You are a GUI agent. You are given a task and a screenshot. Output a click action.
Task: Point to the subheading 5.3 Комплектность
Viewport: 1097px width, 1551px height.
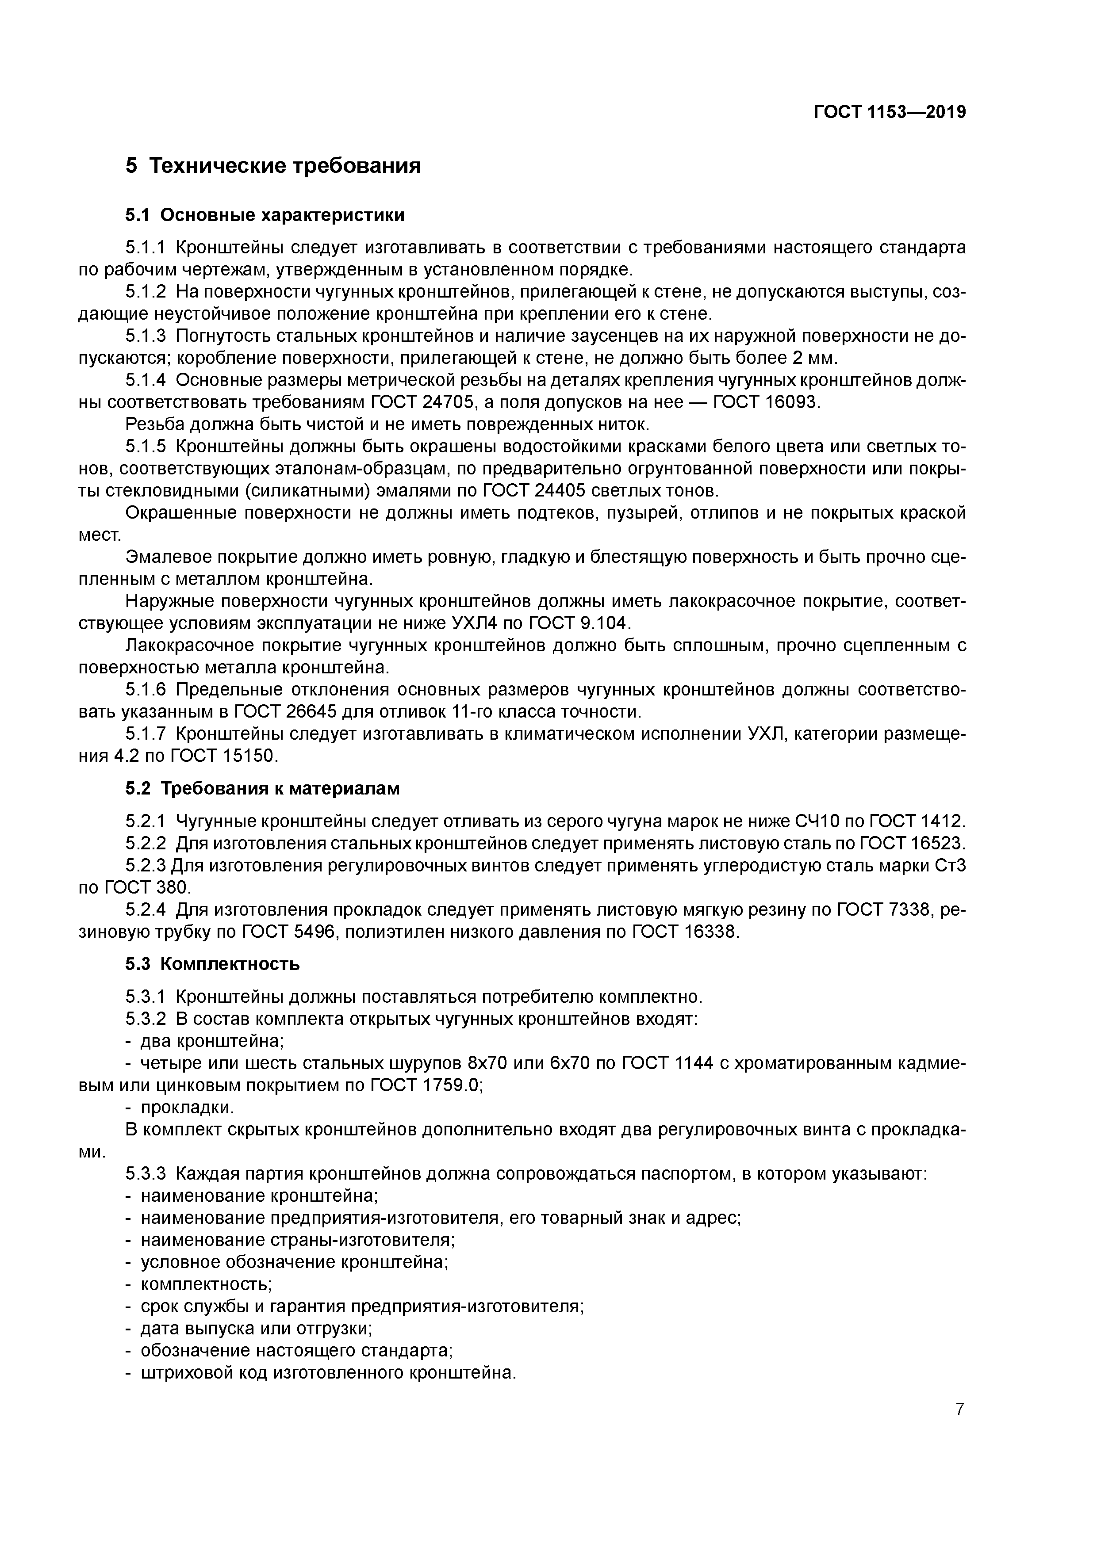pos(212,964)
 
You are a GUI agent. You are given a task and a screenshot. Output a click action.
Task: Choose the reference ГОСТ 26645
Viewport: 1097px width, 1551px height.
pos(287,711)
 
